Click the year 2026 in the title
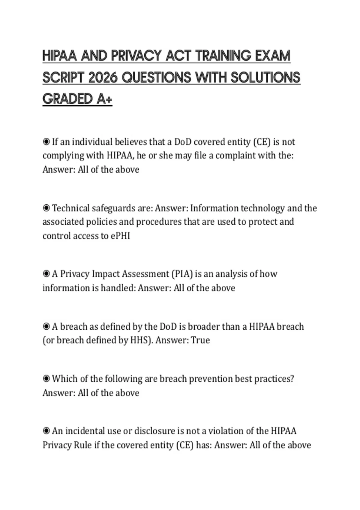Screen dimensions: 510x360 [x=103, y=78]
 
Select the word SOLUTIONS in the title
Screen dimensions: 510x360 [x=265, y=78]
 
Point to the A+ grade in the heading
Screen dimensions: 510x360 [x=104, y=99]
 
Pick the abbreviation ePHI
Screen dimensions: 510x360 [x=120, y=236]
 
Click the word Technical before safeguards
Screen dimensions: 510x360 [x=71, y=208]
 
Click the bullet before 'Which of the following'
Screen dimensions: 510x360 [x=46, y=379]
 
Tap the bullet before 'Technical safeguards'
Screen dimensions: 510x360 [x=46, y=208]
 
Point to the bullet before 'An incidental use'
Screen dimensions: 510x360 [x=46, y=431]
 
